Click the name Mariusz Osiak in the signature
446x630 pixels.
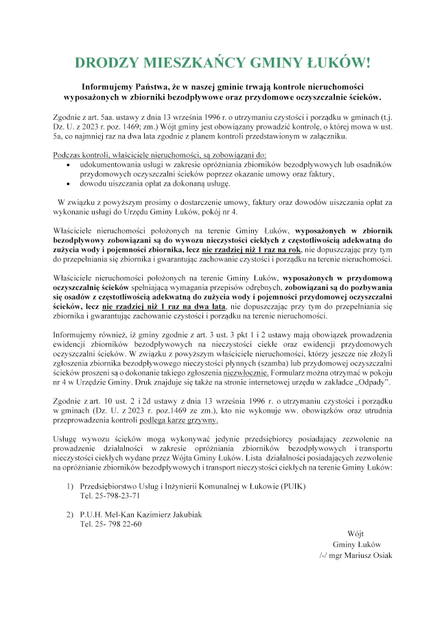[x=367, y=555]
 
